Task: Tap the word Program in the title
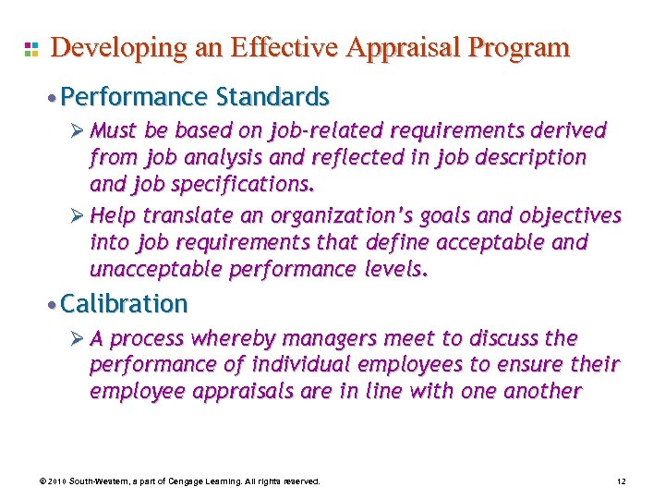point(518,48)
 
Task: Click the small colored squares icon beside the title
point(30,49)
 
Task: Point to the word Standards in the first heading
point(272,96)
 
